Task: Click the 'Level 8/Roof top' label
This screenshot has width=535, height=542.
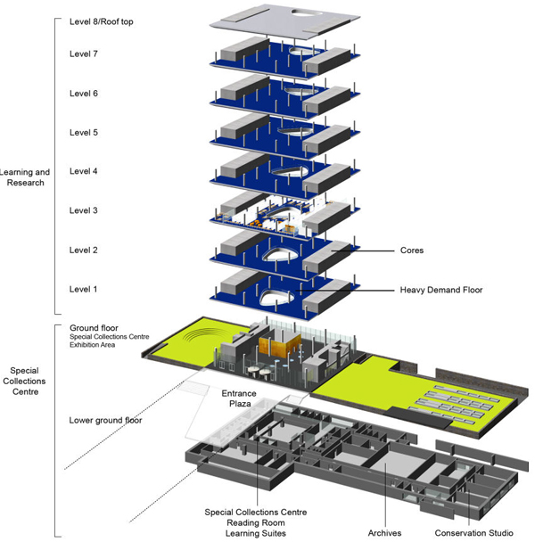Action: tap(102, 21)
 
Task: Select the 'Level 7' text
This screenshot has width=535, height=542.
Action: tap(84, 53)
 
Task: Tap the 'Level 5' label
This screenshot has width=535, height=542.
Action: tap(84, 133)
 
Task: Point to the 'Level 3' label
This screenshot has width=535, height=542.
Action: tap(84, 210)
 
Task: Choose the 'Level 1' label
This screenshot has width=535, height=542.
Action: tap(83, 290)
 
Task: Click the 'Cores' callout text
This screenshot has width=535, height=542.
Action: tap(412, 250)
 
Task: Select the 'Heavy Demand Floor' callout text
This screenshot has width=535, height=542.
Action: tap(441, 290)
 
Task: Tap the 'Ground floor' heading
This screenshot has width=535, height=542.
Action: tap(94, 328)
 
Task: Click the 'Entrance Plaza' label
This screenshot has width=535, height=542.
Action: tap(239, 398)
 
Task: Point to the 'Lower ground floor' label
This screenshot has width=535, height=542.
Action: tap(105, 421)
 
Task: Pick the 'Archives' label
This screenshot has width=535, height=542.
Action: tap(384, 533)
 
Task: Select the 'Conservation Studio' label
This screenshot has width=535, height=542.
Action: tap(473, 533)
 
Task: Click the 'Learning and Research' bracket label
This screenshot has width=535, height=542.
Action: tap(25, 177)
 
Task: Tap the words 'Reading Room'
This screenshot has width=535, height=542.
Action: tap(256, 522)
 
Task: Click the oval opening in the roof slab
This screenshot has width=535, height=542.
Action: tap(307, 12)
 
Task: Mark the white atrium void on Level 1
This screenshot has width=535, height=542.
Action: tap(276, 297)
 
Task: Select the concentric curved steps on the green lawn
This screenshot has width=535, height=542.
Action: tap(206, 335)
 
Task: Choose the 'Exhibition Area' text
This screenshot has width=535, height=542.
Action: tap(93, 345)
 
